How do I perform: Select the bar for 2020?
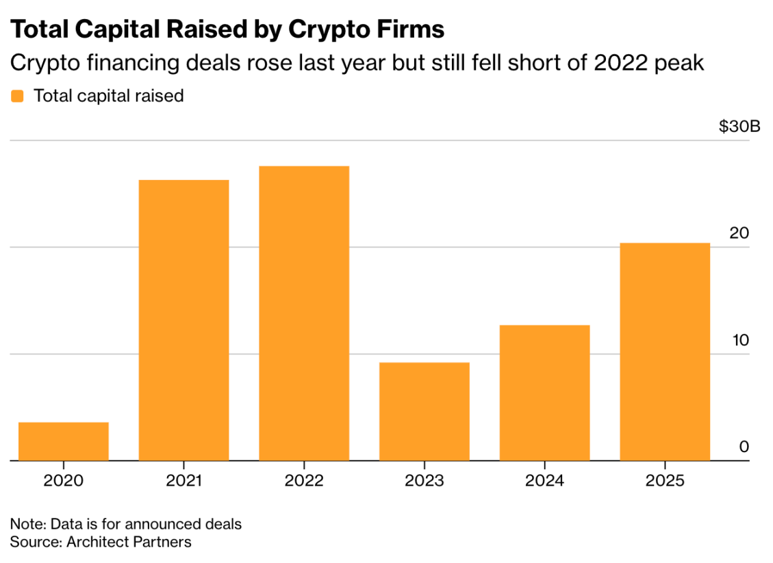click(x=63, y=441)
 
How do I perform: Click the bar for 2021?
click(x=183, y=320)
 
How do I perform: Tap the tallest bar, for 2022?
click(x=304, y=313)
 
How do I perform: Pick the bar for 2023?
click(x=424, y=411)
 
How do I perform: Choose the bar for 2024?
click(x=544, y=393)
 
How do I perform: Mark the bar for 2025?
click(x=665, y=352)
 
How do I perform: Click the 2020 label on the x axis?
click(x=63, y=480)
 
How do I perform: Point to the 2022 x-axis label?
click(x=304, y=480)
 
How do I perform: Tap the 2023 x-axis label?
click(x=424, y=480)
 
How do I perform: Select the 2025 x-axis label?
click(x=665, y=480)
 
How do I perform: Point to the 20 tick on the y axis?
click(x=739, y=233)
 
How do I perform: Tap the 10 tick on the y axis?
click(x=739, y=340)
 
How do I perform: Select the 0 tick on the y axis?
click(x=744, y=447)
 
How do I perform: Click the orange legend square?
click(x=17, y=96)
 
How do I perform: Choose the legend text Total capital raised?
click(x=108, y=96)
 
